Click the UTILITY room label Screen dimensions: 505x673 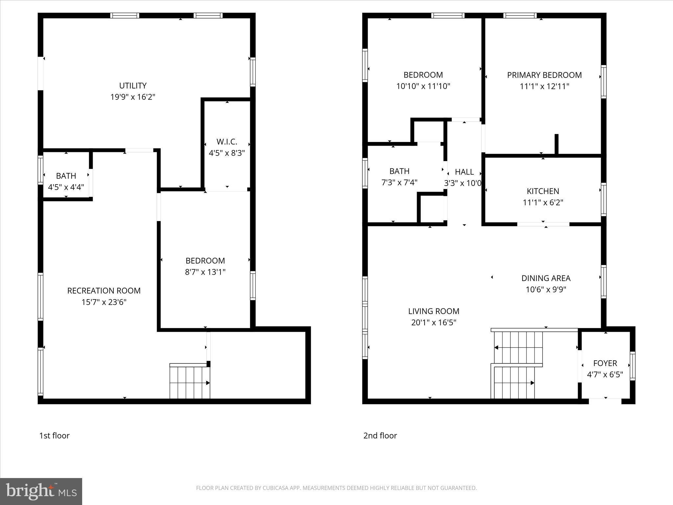133,86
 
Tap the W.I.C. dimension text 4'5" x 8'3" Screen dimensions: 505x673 227,153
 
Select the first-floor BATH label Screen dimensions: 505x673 66,176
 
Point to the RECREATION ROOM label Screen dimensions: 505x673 104,291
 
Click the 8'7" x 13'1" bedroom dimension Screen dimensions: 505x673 205,272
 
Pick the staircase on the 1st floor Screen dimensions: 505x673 190,381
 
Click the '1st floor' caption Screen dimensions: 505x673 55,436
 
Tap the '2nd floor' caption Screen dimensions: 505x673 380,436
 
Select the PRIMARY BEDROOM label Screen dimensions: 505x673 544,75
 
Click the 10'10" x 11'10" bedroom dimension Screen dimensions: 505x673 423,86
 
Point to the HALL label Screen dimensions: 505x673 464,172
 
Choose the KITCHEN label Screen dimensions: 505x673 543,191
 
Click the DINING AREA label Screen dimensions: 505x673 546,278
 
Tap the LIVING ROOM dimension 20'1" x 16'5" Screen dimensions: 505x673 434,323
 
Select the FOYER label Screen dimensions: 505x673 605,363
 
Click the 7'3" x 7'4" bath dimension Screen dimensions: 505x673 399,182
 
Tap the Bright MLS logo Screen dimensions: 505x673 41,492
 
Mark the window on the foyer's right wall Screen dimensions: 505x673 632,366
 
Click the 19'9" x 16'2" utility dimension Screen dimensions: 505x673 133,97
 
